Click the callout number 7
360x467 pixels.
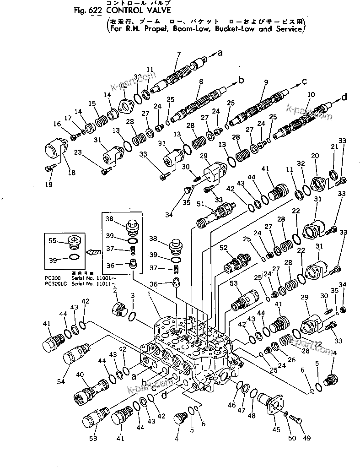click(178, 54)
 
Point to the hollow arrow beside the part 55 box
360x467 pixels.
click(93, 251)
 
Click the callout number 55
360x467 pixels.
click(53, 240)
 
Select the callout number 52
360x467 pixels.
click(223, 248)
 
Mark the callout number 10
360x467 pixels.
click(311, 94)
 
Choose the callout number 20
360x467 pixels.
click(315, 156)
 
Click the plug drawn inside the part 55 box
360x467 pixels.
click(74, 241)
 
